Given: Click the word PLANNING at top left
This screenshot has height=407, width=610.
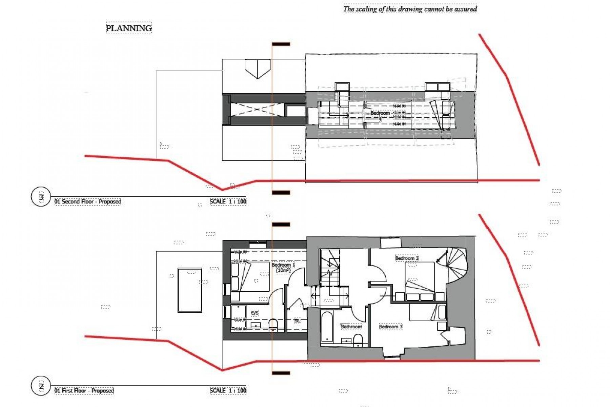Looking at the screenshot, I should point(129,28).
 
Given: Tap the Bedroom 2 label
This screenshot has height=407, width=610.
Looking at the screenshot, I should point(407,258).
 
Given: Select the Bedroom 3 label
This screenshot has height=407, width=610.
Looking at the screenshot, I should point(390,327).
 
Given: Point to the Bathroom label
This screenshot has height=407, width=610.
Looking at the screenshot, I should point(351,327).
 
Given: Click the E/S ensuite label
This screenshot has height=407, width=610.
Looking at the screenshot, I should point(255,313).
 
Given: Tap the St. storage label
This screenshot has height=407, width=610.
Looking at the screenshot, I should point(297,321).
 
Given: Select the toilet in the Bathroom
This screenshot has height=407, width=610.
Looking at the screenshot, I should point(358,340).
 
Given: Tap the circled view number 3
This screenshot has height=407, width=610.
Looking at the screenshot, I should point(41,197).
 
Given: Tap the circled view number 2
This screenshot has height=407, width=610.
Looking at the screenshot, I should point(41,386).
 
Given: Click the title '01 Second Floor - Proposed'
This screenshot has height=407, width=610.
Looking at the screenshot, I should point(88,201).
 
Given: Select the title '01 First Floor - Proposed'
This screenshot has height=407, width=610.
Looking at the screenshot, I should point(84,391).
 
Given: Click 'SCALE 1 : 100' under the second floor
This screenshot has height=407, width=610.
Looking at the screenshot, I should point(228,201).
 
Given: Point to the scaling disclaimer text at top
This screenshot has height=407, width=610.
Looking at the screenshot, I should point(410,9).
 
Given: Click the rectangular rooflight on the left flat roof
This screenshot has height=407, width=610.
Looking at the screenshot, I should point(190,290).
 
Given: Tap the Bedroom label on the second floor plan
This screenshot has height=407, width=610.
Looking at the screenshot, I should point(380,113).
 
